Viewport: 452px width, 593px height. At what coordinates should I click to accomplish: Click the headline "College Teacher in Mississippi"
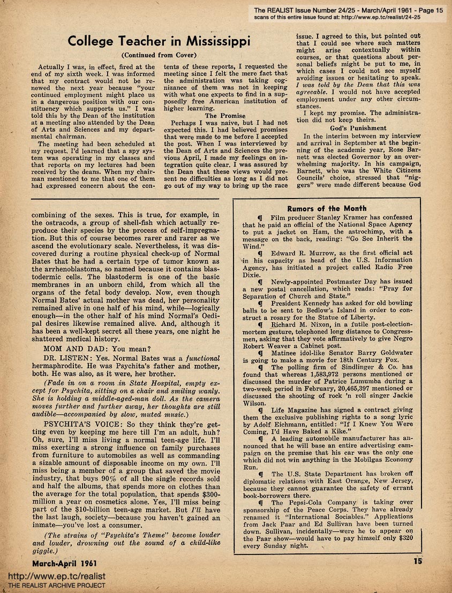tap(160, 41)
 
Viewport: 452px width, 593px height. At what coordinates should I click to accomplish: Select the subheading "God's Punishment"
tap(358, 128)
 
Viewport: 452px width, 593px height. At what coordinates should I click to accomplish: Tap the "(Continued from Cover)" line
tap(159, 55)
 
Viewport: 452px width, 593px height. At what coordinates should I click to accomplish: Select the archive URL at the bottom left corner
tap(56, 576)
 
